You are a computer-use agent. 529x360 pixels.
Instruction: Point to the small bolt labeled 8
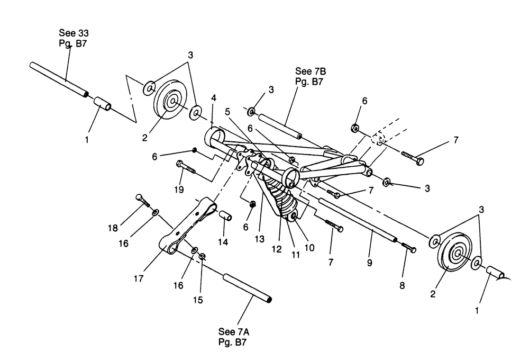(408, 247)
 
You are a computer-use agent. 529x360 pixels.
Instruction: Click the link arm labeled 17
(189, 222)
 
